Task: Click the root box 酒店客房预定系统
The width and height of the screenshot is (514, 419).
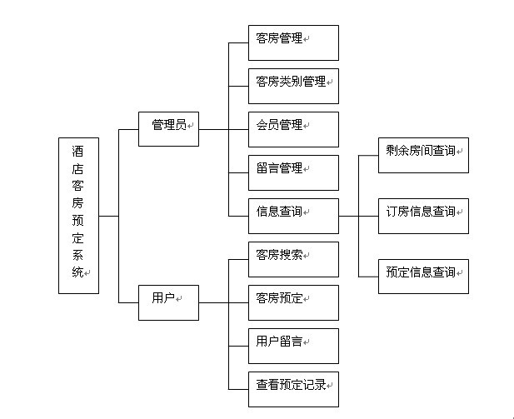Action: [x=78, y=215]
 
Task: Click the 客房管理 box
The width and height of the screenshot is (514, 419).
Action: [x=293, y=42]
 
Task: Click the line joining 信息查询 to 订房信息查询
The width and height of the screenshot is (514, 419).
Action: [x=358, y=216]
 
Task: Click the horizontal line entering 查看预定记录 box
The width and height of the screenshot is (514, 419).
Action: [x=238, y=389]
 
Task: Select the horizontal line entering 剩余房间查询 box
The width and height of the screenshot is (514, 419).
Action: [x=367, y=155]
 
